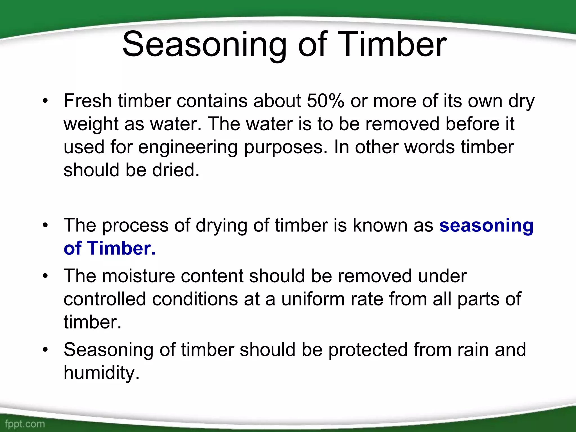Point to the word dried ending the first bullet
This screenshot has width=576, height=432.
coord(175,170)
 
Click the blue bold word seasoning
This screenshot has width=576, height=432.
coord(486,226)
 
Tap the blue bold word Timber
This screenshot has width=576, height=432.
coord(121,249)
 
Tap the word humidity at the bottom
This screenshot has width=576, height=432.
coord(102,373)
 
